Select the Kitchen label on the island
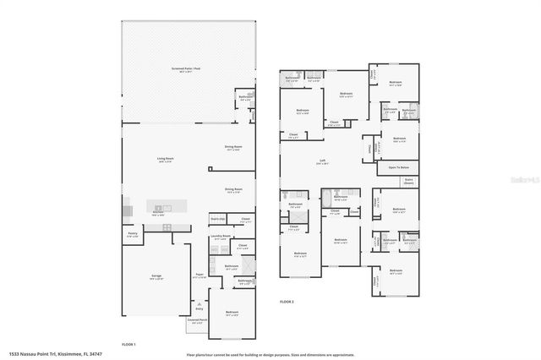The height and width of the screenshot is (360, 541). (157, 213)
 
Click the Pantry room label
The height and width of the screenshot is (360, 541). (132, 236)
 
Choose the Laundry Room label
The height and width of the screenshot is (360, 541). (221, 237)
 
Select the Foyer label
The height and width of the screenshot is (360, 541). (199, 275)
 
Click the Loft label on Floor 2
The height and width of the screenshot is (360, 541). (322, 161)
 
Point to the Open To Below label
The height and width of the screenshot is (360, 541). (398, 167)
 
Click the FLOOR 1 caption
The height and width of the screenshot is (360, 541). (128, 344)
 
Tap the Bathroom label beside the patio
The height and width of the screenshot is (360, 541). (245, 97)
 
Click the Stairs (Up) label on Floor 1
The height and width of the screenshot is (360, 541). (217, 220)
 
